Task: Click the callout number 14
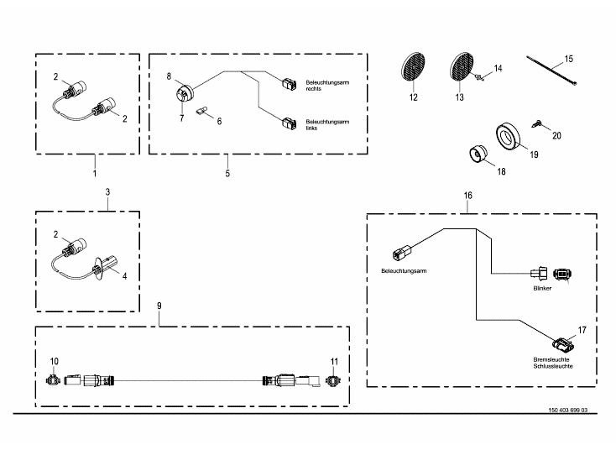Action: point(498,67)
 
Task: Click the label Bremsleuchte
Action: point(551,359)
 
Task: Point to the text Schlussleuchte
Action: point(552,367)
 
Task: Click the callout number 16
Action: point(468,195)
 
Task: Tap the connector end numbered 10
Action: point(55,379)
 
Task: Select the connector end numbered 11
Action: point(335,379)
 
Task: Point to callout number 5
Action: point(227,173)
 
